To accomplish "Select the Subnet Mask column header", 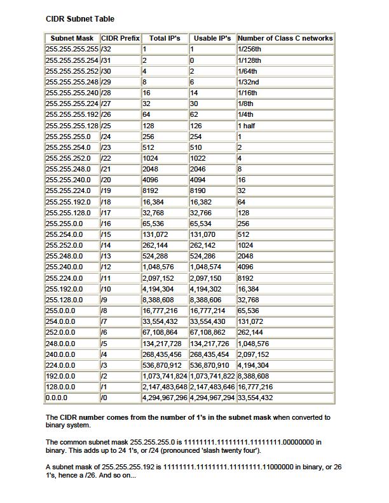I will coord(72,38).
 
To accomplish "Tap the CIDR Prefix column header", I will coord(120,38).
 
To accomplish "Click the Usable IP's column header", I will coord(212,38).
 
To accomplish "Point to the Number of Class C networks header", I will coord(285,38).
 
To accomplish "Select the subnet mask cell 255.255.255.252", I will coord(72,71).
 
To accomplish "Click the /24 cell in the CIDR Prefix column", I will coord(106,137).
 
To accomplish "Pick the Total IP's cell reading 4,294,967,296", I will coord(165,398).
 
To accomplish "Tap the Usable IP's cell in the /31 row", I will coord(193,60).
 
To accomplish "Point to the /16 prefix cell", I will coord(106,224).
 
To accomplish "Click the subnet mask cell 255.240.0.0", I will coord(64,267).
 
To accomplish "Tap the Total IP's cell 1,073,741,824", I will coord(165,376).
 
